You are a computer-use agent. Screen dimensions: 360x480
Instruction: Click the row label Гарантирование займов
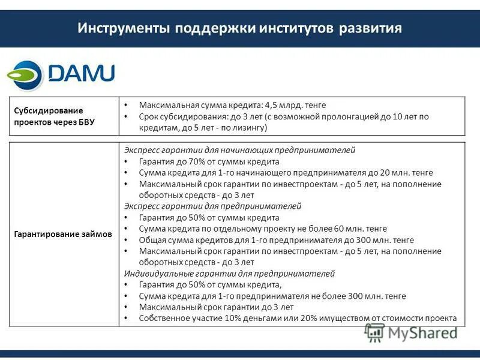pyautogui.click(x=63, y=235)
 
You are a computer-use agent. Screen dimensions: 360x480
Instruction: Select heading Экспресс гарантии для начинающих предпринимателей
pyautogui.click(x=239, y=150)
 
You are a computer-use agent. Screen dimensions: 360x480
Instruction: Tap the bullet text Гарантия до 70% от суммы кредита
pyautogui.click(x=209, y=161)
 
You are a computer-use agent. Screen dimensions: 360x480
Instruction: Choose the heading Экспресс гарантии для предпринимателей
pyautogui.click(x=212, y=206)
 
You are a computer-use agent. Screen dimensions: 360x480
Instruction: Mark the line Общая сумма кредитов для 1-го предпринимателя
pyautogui.click(x=240, y=240)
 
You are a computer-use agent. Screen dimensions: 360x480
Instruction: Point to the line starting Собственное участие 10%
pyautogui.click(x=298, y=319)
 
